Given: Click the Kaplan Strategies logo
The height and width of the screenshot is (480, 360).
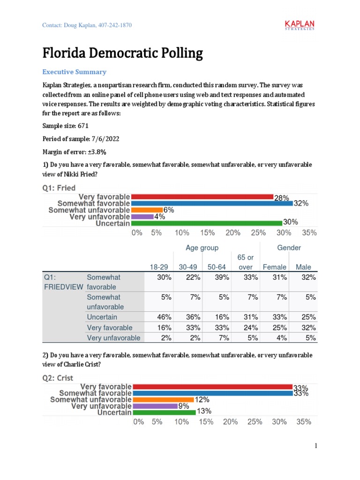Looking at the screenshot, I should click(300, 25).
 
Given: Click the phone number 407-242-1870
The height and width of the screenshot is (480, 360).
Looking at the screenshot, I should click(115, 25).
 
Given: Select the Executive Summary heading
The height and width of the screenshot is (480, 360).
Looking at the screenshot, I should click(75, 72).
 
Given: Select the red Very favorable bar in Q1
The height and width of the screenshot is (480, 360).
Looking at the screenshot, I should click(202, 197).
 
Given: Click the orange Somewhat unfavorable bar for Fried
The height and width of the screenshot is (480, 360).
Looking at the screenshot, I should click(147, 210).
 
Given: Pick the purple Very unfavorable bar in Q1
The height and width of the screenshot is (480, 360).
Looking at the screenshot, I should click(142, 217).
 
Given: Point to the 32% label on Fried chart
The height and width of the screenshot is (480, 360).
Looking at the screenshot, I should click(301, 204).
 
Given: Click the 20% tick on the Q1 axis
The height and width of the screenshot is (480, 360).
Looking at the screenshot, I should click(233, 233).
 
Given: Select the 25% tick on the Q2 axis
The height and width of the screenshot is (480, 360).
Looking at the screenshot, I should click(255, 422).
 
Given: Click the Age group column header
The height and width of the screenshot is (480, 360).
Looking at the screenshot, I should click(202, 247).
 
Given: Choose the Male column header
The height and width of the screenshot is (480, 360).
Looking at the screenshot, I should click(303, 267).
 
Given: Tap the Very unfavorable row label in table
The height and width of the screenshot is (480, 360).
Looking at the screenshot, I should click(113, 337).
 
